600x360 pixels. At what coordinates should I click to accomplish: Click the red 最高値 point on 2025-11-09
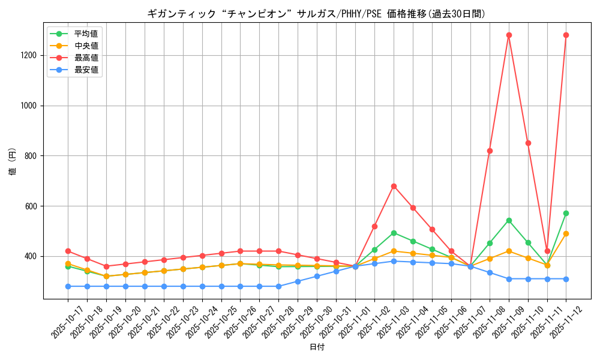pyautogui.click(x=509, y=35)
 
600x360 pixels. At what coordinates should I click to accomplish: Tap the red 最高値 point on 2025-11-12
pyautogui.click(x=566, y=35)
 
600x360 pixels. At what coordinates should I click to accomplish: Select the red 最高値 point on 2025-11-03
pyautogui.click(x=394, y=186)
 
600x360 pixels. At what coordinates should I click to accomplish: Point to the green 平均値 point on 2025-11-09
pyautogui.click(x=509, y=220)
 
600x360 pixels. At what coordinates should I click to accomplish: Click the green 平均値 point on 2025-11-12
pyautogui.click(x=566, y=213)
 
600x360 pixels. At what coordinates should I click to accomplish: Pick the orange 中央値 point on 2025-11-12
pyautogui.click(x=566, y=233)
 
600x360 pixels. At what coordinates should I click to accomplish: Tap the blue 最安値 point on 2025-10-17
pyautogui.click(x=68, y=286)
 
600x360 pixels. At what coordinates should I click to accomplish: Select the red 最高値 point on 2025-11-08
pyautogui.click(x=490, y=151)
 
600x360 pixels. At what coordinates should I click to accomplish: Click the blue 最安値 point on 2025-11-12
pyautogui.click(x=566, y=279)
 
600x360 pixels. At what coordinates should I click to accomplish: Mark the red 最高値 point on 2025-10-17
pyautogui.click(x=68, y=251)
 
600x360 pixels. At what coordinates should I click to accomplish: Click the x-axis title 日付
pyautogui.click(x=317, y=347)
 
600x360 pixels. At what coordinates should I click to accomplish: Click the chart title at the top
pyautogui.click(x=316, y=14)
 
